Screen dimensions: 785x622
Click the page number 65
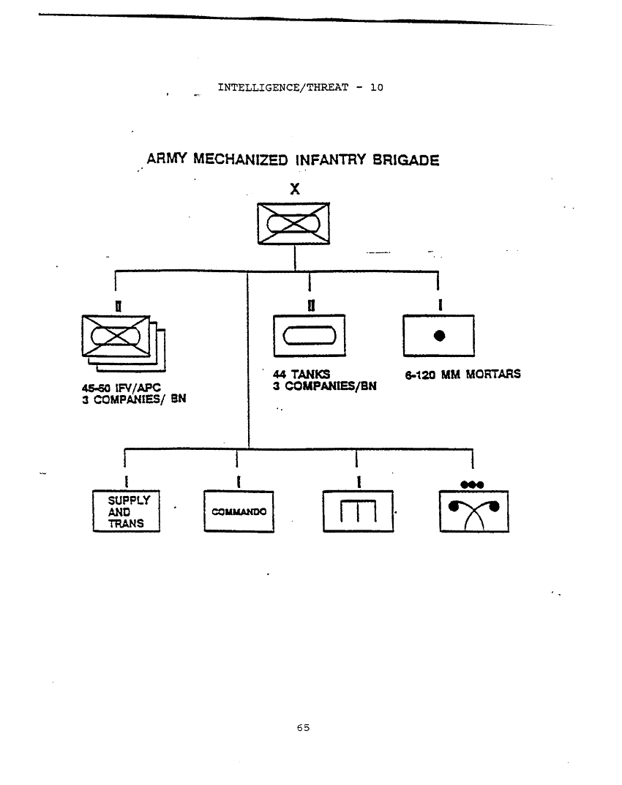(304, 727)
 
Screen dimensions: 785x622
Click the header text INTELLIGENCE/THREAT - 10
(300, 87)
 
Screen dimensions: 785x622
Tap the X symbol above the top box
(294, 189)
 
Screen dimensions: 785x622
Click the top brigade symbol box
(293, 224)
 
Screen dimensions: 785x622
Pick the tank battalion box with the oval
(308, 336)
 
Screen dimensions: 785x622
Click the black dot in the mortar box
(439, 336)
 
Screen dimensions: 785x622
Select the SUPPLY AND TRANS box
(127, 511)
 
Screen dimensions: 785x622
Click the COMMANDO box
(239, 511)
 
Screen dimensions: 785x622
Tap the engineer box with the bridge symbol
(357, 511)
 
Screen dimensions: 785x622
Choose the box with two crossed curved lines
(473, 511)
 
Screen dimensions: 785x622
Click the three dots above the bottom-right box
(472, 484)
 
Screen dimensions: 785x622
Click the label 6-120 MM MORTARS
(462, 375)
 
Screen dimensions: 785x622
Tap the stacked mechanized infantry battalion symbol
(121, 341)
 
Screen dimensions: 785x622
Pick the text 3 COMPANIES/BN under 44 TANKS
(324, 386)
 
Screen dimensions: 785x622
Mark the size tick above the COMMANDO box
(239, 481)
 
